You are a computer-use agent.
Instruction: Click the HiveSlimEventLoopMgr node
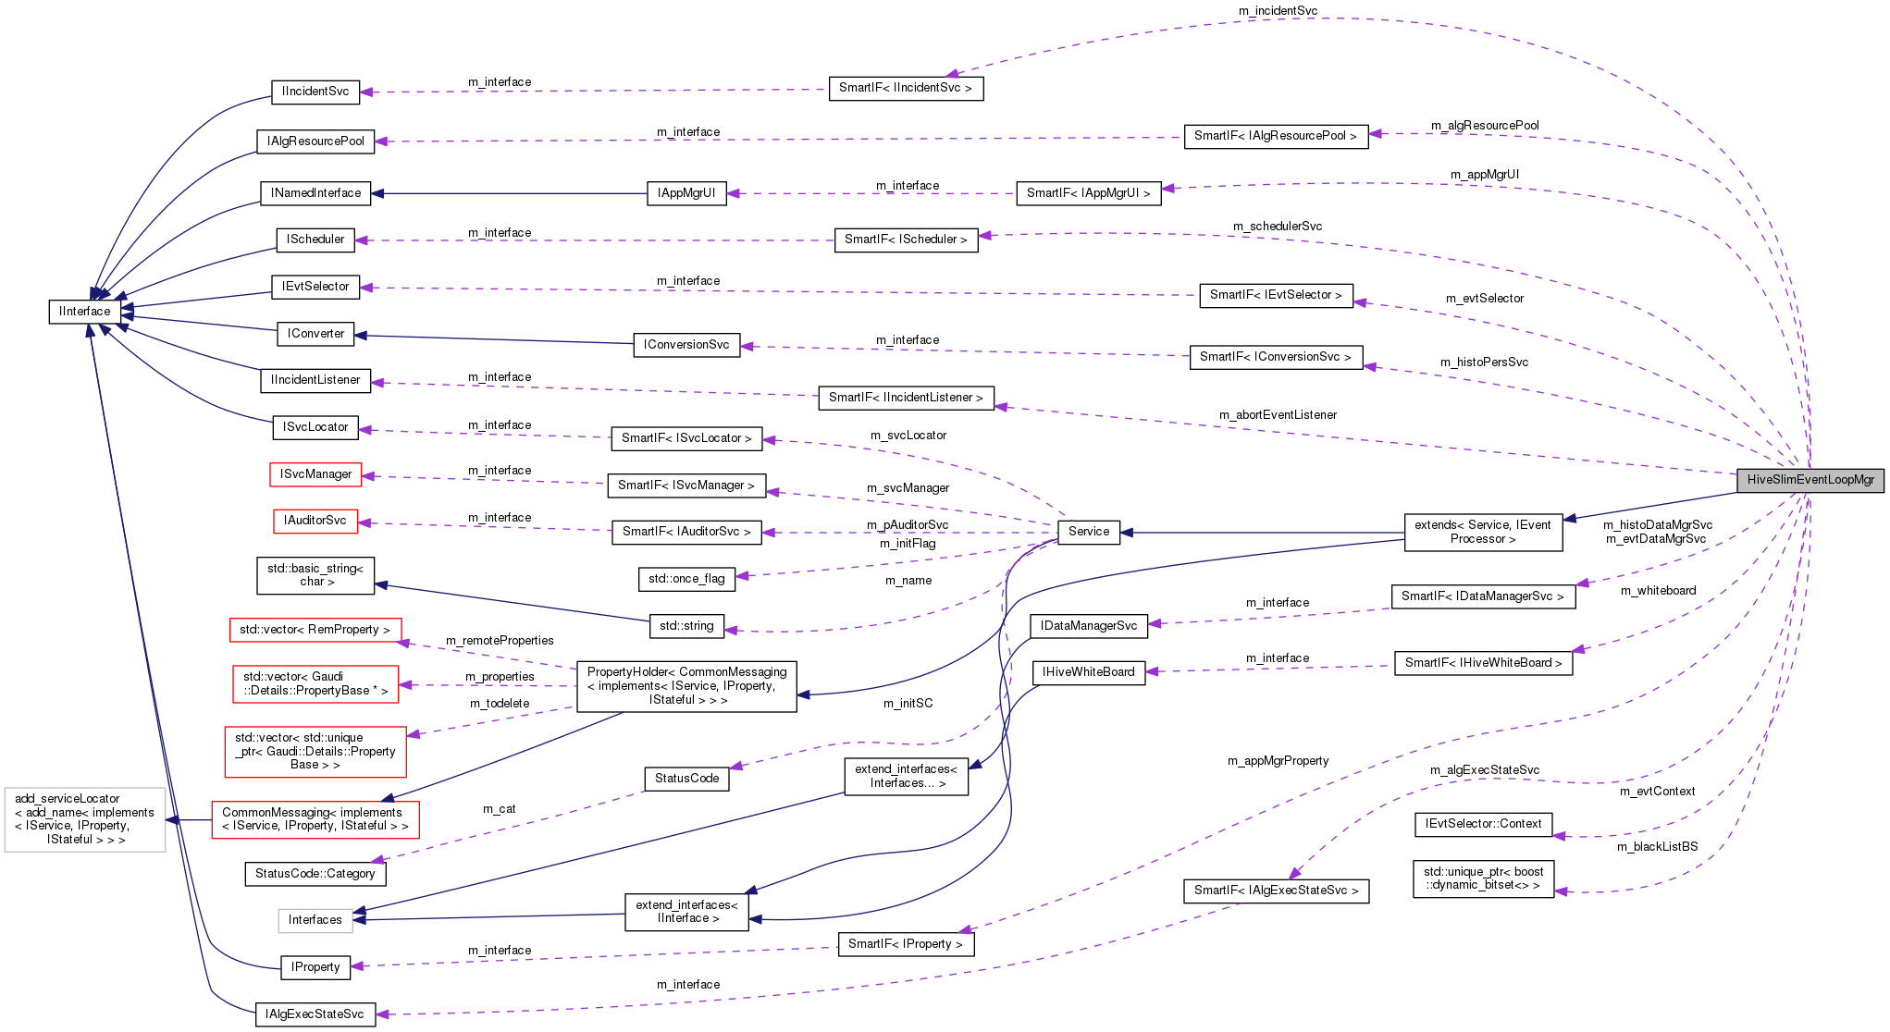1810,480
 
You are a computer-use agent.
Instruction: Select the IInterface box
84,312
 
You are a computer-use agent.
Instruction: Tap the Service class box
1088,532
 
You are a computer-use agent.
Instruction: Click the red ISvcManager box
315,474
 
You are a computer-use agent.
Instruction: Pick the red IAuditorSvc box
315,521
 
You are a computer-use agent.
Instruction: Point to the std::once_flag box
686,579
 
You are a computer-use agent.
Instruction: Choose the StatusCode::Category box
315,874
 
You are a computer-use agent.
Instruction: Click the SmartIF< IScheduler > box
905,240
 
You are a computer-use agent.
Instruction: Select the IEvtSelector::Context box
1483,824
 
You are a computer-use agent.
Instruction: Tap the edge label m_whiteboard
1658,591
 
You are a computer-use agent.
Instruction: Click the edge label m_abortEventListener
1278,415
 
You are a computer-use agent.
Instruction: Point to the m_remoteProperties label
500,641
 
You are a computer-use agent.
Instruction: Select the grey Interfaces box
315,920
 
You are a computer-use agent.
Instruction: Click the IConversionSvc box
686,345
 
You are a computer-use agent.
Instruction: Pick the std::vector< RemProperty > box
315,630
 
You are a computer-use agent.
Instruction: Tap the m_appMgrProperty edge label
1278,761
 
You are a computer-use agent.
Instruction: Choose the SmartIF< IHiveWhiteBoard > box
1483,663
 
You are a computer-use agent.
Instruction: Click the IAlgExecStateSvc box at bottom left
315,1014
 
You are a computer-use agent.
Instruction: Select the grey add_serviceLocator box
85,819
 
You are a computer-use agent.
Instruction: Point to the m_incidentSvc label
1278,11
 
